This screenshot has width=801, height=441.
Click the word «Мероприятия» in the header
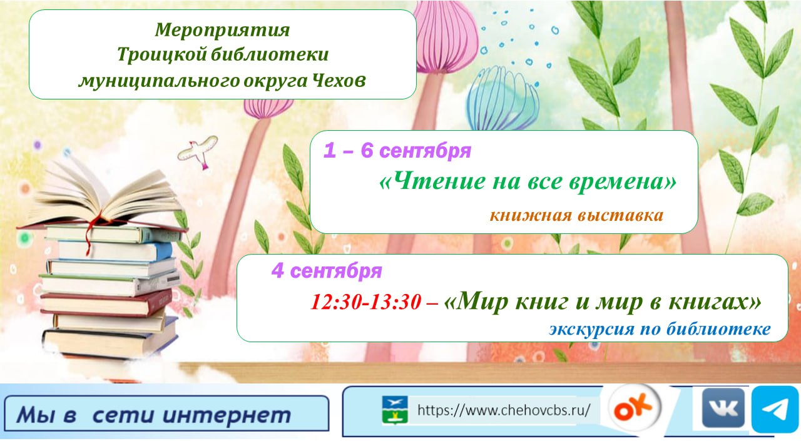[222, 30]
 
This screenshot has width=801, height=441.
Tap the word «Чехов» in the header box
[339, 80]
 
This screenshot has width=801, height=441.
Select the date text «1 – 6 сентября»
[397, 151]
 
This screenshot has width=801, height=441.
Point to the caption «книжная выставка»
[576, 216]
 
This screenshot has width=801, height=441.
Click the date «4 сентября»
[327, 270]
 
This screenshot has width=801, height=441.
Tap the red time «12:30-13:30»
[366, 302]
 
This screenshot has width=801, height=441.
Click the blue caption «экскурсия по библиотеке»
[660, 329]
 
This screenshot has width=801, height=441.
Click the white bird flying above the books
[197, 151]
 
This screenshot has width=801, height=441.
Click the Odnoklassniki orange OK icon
[635, 408]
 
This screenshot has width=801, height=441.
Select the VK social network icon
[723, 408]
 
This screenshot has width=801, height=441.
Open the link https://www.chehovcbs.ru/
[504, 410]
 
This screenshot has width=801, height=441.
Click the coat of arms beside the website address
[395, 410]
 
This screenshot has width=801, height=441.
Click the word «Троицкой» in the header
[161, 54]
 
